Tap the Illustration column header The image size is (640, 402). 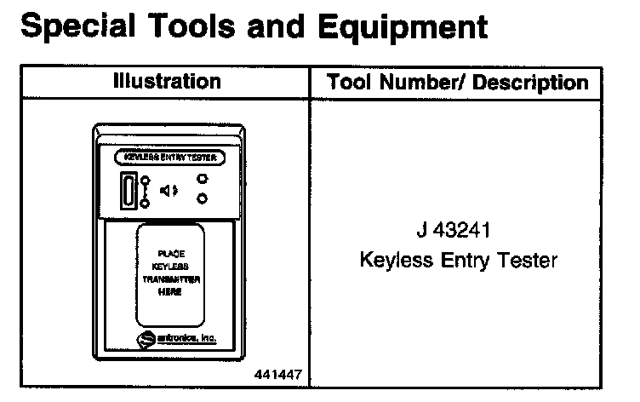pyautogui.click(x=167, y=82)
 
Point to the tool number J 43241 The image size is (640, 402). pyautogui.click(x=458, y=231)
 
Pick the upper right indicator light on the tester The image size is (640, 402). pyautogui.click(x=203, y=179)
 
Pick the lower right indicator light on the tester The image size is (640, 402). pyautogui.click(x=203, y=198)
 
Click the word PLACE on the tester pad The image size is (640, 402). pyautogui.click(x=170, y=254)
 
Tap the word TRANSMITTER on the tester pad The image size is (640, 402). pyautogui.click(x=170, y=279)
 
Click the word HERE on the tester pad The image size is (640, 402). pyautogui.click(x=169, y=290)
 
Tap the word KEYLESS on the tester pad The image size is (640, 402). pyautogui.click(x=170, y=266)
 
